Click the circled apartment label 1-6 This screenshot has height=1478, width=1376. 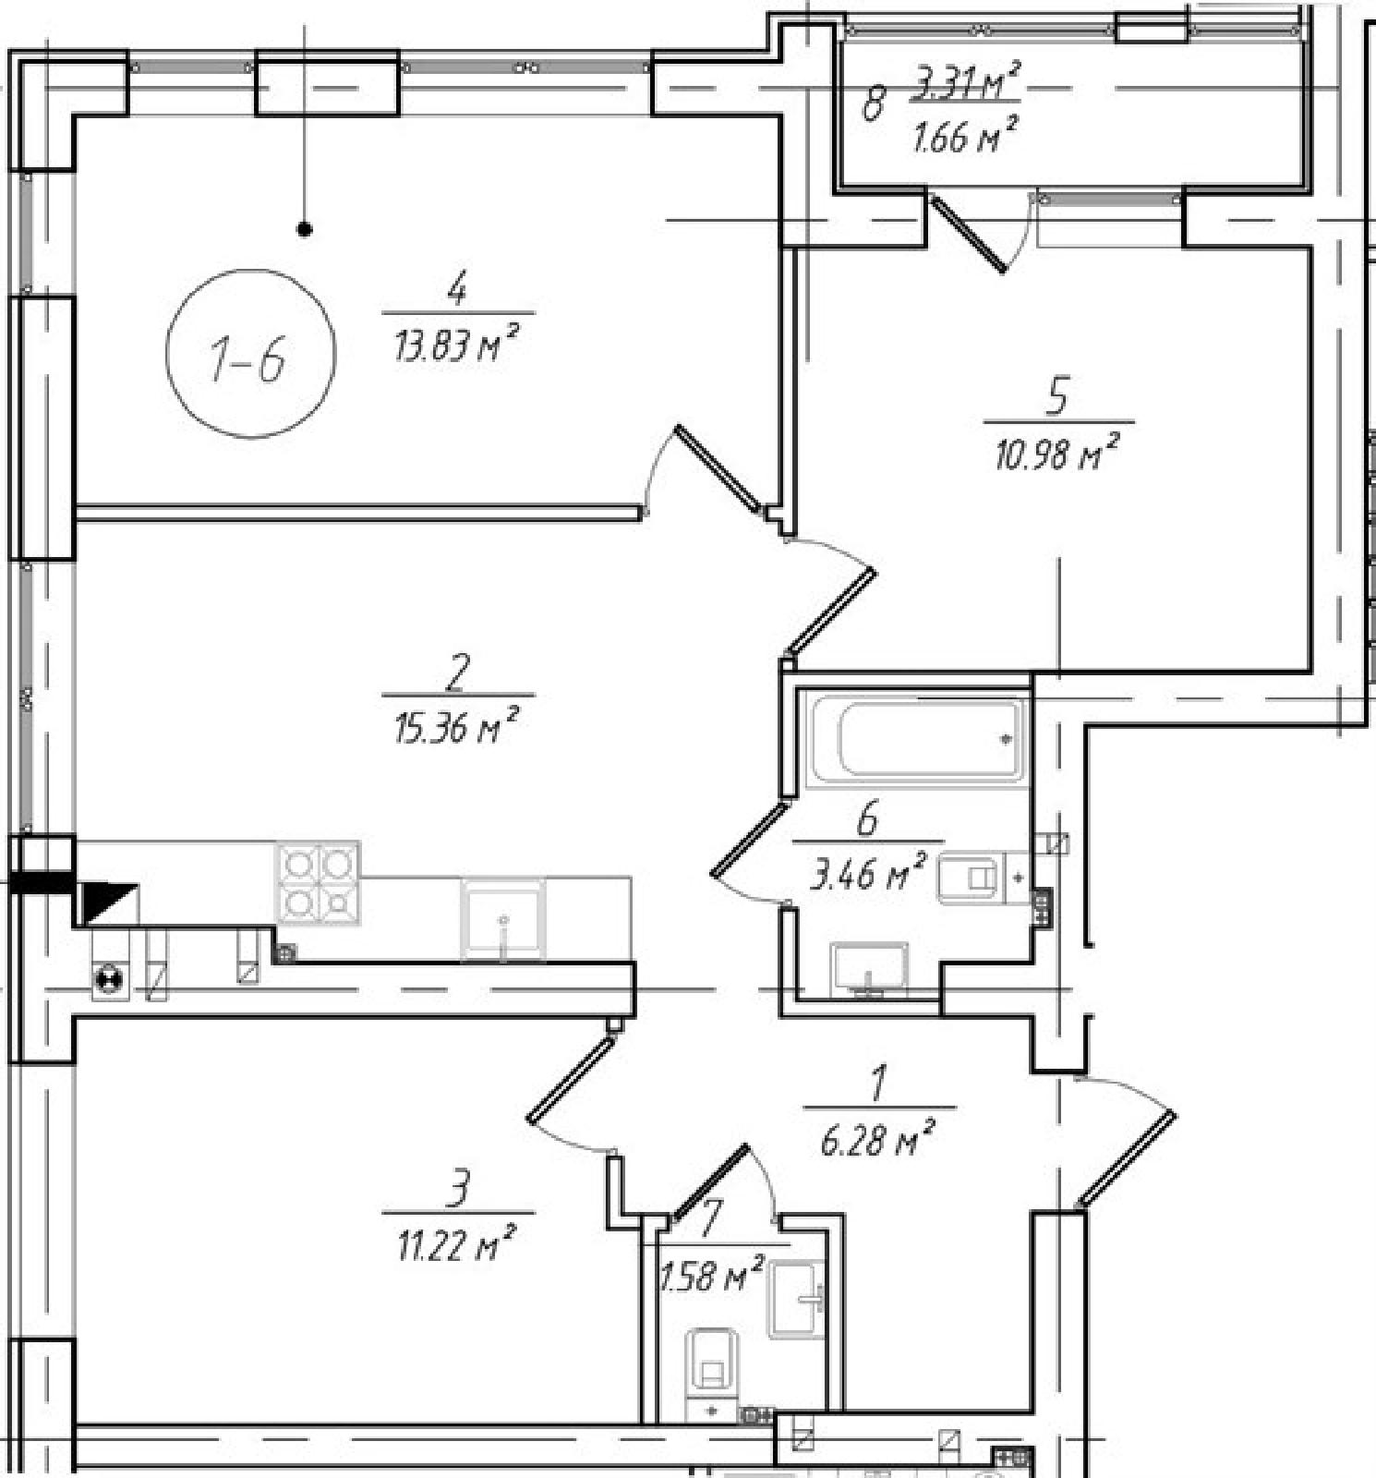click(x=250, y=354)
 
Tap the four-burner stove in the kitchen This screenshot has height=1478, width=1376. click(x=318, y=882)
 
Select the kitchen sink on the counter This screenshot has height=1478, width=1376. click(x=503, y=920)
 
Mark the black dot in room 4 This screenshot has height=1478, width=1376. click(x=305, y=229)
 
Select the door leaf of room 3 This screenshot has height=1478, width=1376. click(x=571, y=1078)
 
